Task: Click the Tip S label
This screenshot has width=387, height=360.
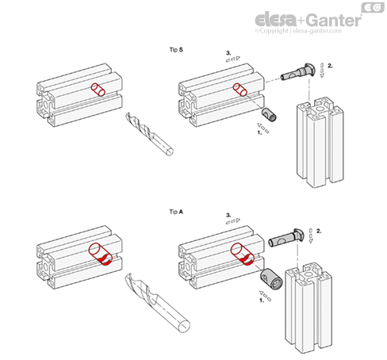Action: pos(176,50)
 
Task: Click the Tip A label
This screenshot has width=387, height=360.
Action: pos(176,212)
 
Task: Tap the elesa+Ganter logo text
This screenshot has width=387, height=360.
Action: pos(308,20)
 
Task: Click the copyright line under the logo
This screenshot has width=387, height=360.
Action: pos(298,31)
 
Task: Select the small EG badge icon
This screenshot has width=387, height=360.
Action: pos(373,7)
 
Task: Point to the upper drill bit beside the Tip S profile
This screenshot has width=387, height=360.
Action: pos(150,134)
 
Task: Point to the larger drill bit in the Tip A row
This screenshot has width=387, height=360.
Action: pos(158,302)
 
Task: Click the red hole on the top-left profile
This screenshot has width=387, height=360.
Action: pos(98,90)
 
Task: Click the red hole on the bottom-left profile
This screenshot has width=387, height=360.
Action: pos(101,255)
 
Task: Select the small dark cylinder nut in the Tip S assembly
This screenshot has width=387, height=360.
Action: pos(269,114)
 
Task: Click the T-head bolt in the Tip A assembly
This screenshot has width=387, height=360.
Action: pos(286,237)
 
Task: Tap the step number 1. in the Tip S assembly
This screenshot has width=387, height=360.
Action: pos(260,132)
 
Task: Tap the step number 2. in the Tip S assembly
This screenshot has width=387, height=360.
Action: pos(330,66)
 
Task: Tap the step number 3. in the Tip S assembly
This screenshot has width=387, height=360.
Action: pos(228,53)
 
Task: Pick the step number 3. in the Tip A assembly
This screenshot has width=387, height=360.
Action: pos(228,215)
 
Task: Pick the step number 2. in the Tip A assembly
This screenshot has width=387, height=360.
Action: pos(319,231)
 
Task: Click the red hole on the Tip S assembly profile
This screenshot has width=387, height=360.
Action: pos(240,90)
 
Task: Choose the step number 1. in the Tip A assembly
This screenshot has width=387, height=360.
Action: pos(262,301)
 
